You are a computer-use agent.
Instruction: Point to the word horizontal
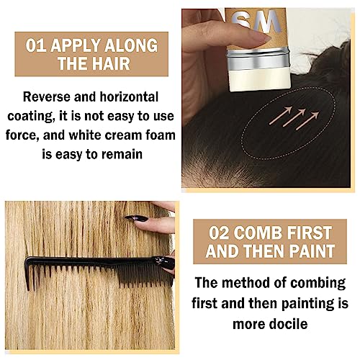tap(129, 97)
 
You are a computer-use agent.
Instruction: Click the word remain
tap(122, 154)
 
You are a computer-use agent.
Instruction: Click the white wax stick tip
tap(260, 80)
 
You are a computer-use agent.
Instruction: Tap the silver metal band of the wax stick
tap(259, 60)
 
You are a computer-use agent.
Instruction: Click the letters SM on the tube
tap(257, 22)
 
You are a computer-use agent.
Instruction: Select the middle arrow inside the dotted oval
tap(294, 117)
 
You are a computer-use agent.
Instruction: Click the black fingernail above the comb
tap(136, 218)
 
